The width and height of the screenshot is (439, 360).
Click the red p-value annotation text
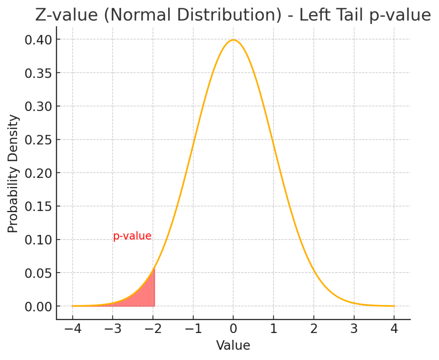pyautogui.click(x=132, y=236)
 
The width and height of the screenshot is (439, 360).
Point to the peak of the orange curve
pyautogui.click(x=233, y=40)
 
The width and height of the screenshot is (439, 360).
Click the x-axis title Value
pyautogui.click(x=233, y=345)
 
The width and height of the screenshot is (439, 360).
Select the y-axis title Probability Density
pyautogui.click(x=13, y=173)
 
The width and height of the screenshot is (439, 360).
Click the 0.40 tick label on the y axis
pyautogui.click(x=37, y=40)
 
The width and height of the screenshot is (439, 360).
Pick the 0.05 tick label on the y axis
pyautogui.click(x=37, y=273)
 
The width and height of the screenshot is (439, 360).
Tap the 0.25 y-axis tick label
pyautogui.click(x=37, y=140)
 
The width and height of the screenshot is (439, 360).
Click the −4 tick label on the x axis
pyautogui.click(x=72, y=330)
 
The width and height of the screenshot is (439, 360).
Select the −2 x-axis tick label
pyautogui.click(x=152, y=330)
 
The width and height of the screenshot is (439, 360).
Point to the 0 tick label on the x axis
pyautogui.click(x=233, y=330)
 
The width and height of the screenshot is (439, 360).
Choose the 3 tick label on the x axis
pyautogui.click(x=354, y=330)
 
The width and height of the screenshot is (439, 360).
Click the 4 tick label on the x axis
pyautogui.click(x=394, y=330)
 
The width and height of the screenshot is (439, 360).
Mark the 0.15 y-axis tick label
pyautogui.click(x=37, y=207)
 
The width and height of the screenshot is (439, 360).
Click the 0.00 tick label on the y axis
pyautogui.click(x=37, y=306)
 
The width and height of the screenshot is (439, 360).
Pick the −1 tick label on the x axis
pyautogui.click(x=192, y=330)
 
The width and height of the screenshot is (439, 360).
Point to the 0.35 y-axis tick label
pyautogui.click(x=37, y=73)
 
